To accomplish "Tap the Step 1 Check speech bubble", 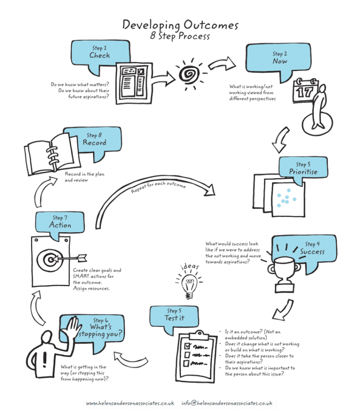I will point(100,53).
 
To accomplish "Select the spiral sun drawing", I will point(188,75).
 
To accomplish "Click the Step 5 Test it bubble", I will point(174,315).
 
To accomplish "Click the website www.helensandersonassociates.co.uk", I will point(130,403).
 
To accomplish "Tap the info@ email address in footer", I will point(227,403).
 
